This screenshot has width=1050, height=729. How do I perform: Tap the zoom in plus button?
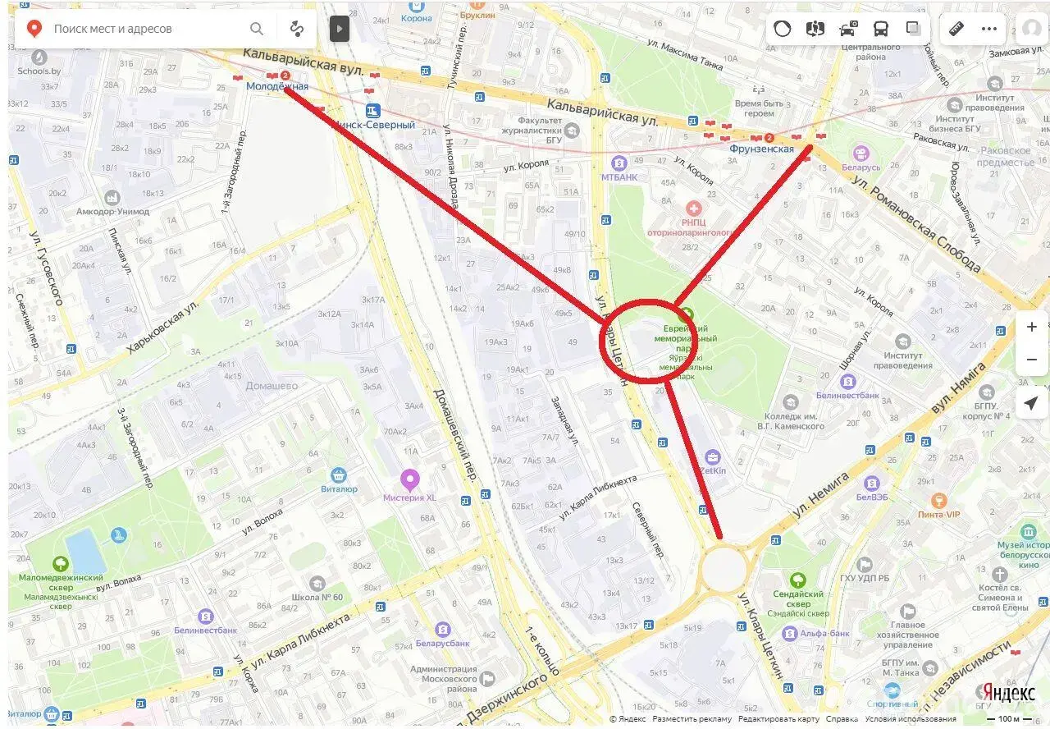point(1031,327)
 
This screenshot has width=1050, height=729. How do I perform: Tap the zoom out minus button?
point(1031,360)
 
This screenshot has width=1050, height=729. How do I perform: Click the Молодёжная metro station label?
point(277,86)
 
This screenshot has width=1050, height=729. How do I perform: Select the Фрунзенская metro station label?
point(761,149)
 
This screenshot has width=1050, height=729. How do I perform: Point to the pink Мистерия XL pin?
point(409,479)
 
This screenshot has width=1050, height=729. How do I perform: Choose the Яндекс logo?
point(1008,693)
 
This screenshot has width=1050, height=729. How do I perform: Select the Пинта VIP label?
point(938,514)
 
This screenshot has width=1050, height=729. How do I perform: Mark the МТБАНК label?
point(619,177)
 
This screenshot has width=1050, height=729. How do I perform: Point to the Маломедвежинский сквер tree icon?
point(60,564)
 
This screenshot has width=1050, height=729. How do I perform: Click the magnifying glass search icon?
point(257,29)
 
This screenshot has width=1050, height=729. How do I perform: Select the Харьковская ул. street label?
point(163,327)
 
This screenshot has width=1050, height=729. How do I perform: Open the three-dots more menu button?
point(989,29)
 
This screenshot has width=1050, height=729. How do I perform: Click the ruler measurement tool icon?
point(956,29)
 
